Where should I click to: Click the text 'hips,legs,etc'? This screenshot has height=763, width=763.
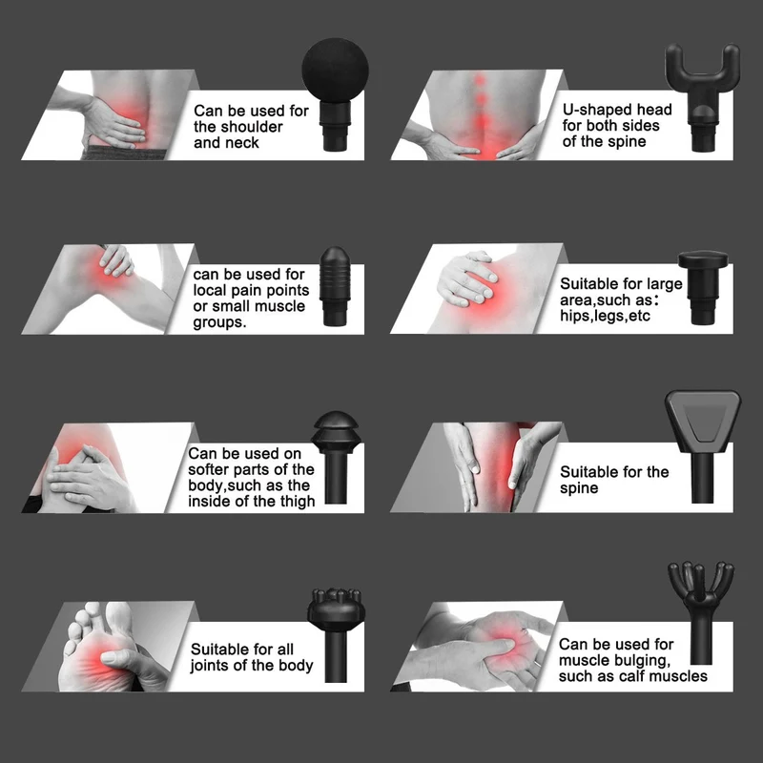[x=605, y=316]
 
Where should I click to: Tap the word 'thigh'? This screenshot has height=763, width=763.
[x=297, y=502]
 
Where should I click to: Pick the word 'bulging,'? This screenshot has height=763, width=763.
[x=639, y=660]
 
